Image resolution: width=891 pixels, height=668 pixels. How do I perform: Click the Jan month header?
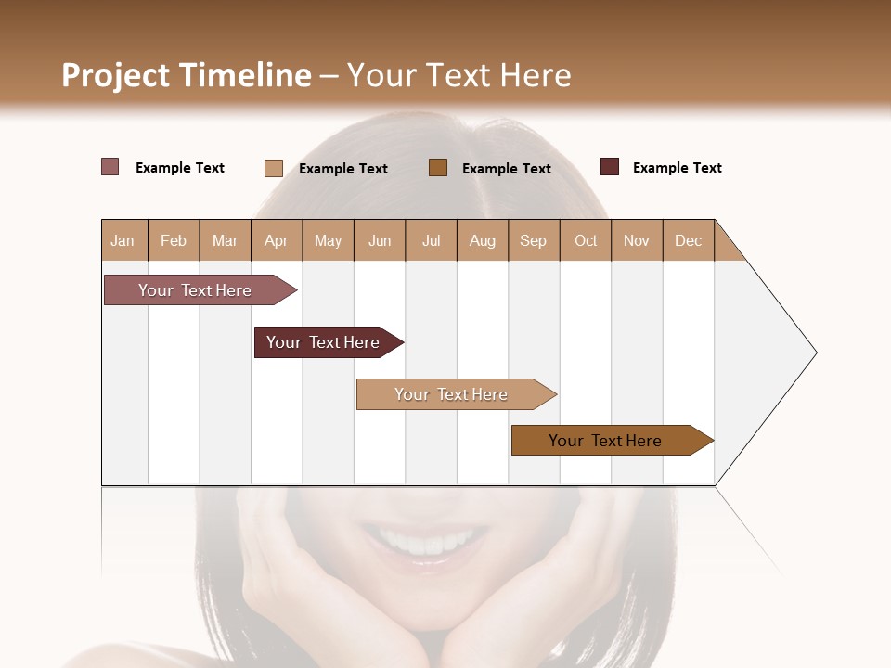[x=123, y=240]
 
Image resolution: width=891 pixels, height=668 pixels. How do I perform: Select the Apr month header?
[x=276, y=240]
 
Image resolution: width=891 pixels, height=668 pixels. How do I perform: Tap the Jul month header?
[x=431, y=240]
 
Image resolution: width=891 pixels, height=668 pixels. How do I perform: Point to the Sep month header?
[x=533, y=240]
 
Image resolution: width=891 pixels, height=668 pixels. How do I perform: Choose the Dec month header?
[x=688, y=240]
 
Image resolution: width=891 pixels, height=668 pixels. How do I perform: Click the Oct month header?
[x=586, y=240]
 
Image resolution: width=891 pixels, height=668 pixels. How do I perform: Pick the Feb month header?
[x=174, y=240]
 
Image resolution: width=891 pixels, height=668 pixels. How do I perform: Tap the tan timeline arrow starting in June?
[x=453, y=394]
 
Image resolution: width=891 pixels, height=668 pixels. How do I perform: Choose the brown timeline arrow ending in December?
[x=608, y=441]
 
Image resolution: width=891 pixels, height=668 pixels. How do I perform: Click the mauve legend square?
[x=110, y=167]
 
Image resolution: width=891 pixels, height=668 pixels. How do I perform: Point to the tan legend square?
[x=274, y=168]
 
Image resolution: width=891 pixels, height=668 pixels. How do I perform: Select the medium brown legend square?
[x=438, y=167]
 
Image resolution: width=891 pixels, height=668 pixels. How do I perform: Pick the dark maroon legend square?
[x=610, y=167]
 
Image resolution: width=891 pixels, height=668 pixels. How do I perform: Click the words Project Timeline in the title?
[x=186, y=75]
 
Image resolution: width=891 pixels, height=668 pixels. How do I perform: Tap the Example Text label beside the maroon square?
[x=677, y=168]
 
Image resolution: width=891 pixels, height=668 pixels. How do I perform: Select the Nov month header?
[x=637, y=240]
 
